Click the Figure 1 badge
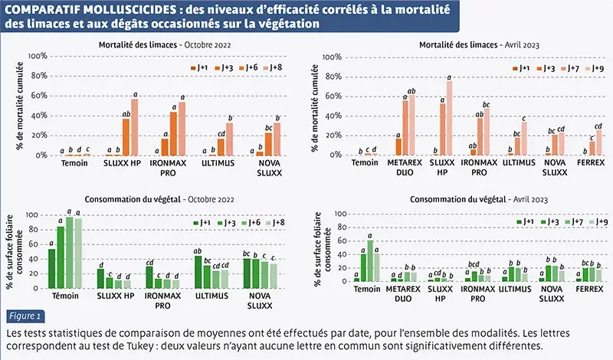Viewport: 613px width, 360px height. pos(25,316)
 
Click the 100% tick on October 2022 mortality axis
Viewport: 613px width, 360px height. pos(38,57)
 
